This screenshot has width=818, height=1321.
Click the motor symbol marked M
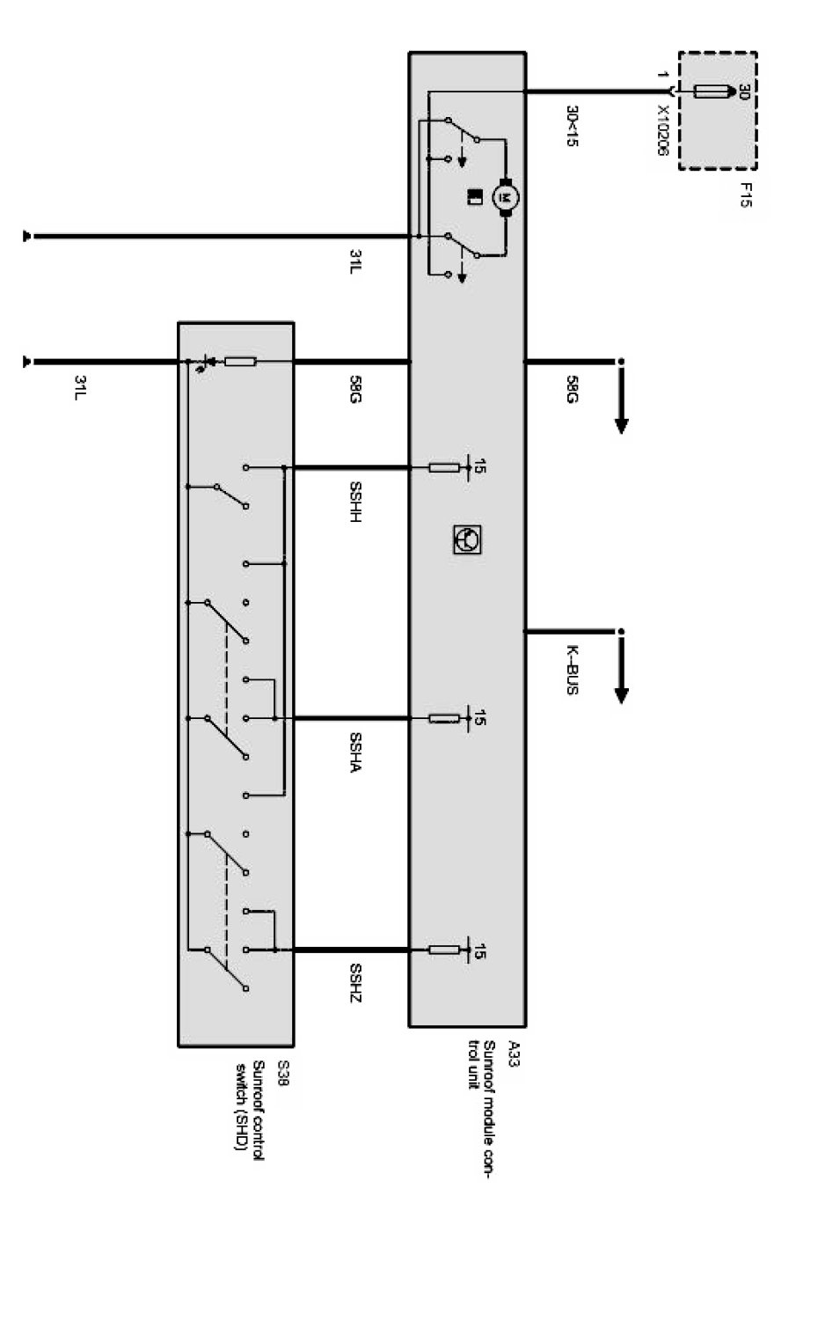tap(505, 196)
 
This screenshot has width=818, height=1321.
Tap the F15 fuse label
tap(746, 194)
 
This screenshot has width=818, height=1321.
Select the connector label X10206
tap(663, 131)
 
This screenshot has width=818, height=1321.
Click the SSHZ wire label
tap(355, 983)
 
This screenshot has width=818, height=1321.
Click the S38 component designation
tap(282, 1075)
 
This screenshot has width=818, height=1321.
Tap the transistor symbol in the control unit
tap(466, 539)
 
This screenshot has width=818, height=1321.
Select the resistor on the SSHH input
tap(443, 467)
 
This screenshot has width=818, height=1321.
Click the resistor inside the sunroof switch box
tap(240, 362)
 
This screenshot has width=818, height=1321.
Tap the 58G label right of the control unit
tap(572, 389)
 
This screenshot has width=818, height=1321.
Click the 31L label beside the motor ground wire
tap(355, 261)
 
